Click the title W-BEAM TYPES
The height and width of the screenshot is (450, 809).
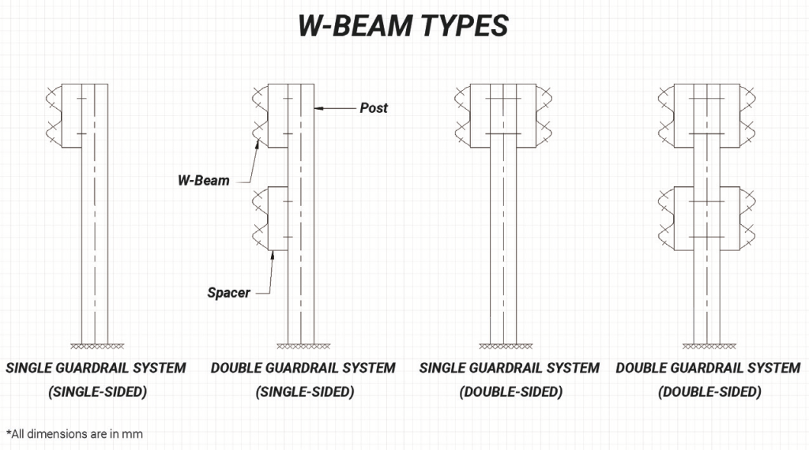[404, 26]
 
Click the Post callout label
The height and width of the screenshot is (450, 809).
[374, 108]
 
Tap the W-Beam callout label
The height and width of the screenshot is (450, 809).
[203, 181]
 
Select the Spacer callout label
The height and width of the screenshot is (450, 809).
[228, 293]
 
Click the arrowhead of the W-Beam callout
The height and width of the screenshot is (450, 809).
[257, 144]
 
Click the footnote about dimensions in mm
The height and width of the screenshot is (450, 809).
[74, 434]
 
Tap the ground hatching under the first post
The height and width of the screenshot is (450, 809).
[97, 347]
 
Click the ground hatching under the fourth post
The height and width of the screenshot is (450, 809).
[709, 347]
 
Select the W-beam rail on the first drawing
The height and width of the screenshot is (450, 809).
[54, 115]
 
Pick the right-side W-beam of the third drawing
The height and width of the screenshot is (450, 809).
[544, 115]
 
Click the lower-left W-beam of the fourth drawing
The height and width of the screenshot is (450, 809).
[667, 218]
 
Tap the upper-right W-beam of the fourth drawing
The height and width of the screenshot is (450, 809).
[747, 115]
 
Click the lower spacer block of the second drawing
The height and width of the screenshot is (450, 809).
[278, 219]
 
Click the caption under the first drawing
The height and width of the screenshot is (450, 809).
[96, 380]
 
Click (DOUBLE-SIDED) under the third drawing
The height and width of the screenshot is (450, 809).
[511, 392]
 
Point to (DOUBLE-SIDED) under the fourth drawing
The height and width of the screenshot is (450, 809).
[709, 392]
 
